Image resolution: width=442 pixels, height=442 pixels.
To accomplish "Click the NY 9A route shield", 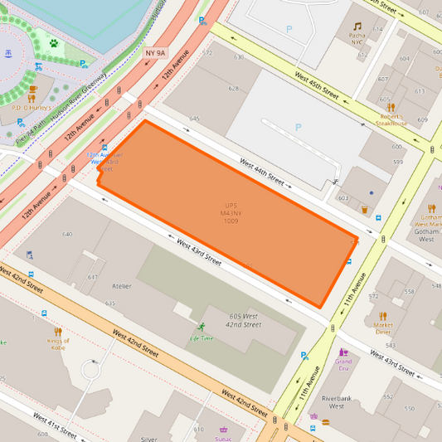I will click(155, 52).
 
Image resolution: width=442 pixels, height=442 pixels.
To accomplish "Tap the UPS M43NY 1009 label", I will click(231, 213).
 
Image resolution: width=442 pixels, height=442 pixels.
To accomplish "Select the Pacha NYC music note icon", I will click(357, 27).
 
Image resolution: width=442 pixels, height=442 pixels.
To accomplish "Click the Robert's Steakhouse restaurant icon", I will click(386, 106).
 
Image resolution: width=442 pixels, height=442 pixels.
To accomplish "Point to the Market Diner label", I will click(382, 325).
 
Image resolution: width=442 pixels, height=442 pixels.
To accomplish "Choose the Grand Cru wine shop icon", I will click(343, 352).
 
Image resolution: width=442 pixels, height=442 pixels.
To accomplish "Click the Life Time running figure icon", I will click(200, 327).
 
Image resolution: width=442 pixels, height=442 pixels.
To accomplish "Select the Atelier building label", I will click(121, 286).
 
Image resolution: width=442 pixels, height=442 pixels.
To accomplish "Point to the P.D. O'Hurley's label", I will click(32, 108).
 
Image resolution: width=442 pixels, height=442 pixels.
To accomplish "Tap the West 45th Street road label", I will click(317, 85).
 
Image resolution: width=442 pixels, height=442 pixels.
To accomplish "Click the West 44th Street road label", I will click(262, 171).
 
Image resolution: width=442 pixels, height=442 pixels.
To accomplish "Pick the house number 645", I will click(194, 119).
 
